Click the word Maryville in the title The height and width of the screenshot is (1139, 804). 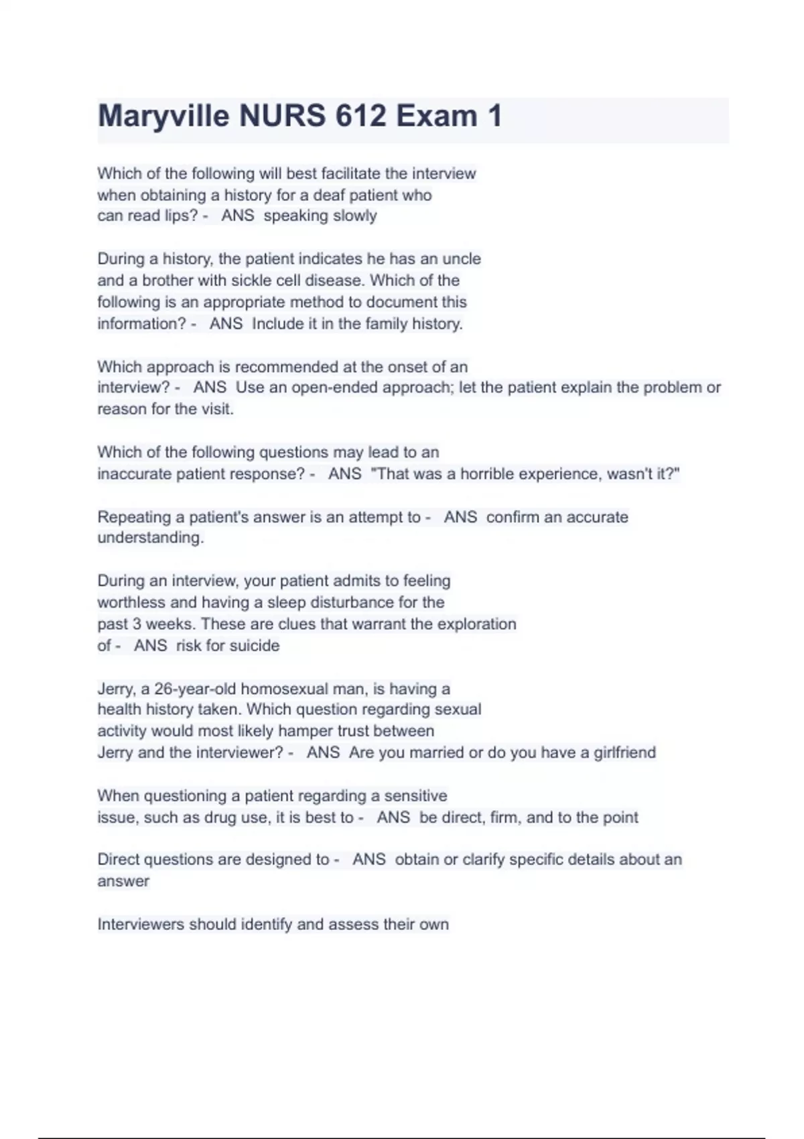(163, 117)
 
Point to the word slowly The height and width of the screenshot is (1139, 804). (358, 216)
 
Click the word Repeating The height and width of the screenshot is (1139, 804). (134, 517)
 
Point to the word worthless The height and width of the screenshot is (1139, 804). (131, 602)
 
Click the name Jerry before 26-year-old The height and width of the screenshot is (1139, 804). (115, 689)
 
